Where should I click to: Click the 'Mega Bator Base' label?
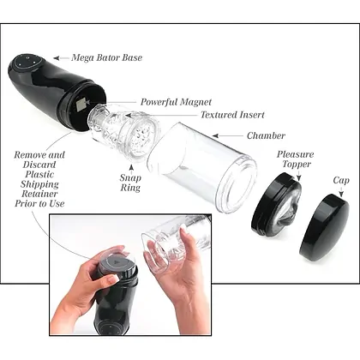click(x=106, y=57)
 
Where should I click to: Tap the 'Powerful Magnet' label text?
click(x=176, y=102)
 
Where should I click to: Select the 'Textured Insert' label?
click(x=232, y=115)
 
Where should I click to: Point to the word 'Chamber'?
click(x=266, y=135)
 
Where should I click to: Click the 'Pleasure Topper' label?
click(x=295, y=159)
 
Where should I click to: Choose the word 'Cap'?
click(x=341, y=181)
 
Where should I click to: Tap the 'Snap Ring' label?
click(x=130, y=183)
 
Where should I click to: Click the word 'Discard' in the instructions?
click(x=39, y=165)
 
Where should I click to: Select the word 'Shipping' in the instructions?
click(x=39, y=184)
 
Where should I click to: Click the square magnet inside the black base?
click(x=81, y=104)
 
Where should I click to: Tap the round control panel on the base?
click(x=28, y=62)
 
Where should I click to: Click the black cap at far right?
click(x=325, y=228)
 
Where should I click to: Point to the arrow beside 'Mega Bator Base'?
click(x=61, y=58)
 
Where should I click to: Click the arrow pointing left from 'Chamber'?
click(x=228, y=136)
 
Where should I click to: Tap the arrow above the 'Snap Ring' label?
click(x=131, y=168)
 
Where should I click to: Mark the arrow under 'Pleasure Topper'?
click(x=299, y=176)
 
